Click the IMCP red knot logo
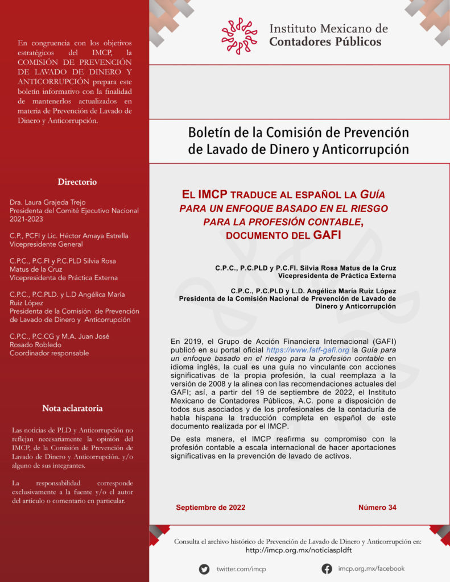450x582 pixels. [x=239, y=35]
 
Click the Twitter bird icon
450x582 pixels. [x=204, y=569]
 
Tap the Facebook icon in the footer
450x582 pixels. [x=327, y=568]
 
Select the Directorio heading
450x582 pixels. [x=77, y=182]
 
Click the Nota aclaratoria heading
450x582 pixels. [x=72, y=408]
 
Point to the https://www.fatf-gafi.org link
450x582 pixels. [x=308, y=350]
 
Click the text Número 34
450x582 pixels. [x=377, y=508]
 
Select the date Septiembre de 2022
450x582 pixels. [x=210, y=508]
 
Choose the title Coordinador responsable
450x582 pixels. [x=49, y=353]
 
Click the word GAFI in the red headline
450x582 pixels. [x=327, y=234]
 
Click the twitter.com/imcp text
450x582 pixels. [x=241, y=569]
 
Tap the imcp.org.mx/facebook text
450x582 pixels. [x=371, y=568]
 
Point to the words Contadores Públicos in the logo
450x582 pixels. [x=325, y=41]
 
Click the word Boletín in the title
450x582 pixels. [x=209, y=132]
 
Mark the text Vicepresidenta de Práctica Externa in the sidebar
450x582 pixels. [x=64, y=278]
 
